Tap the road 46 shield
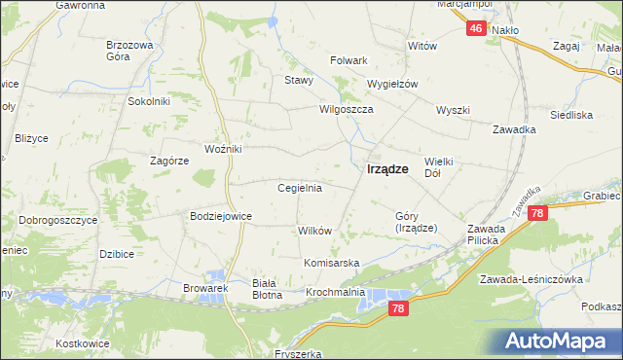(475, 29)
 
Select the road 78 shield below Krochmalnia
(397, 308)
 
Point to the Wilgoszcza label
(348, 110)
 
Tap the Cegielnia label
(300, 188)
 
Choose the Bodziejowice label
(221, 216)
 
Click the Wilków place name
(315, 231)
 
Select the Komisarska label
(332, 264)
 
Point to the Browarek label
(204, 288)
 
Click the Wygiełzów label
(391, 84)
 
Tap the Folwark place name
(348, 60)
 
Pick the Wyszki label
(454, 110)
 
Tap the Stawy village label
(298, 81)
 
